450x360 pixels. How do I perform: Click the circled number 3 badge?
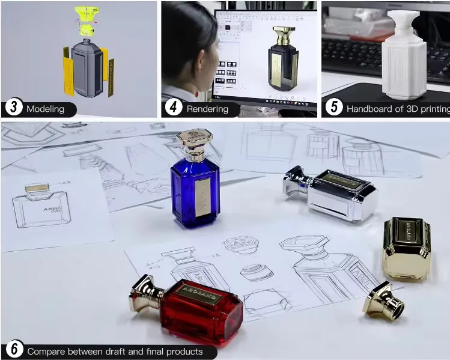pos(13,109)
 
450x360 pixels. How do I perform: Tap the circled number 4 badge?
pos(173,109)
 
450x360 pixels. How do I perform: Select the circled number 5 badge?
pos(333,109)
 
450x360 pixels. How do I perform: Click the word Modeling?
pos(47,109)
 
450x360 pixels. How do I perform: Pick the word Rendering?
pos(207,109)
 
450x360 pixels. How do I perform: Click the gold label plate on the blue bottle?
pos(202,196)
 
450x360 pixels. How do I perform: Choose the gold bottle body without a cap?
pos(407,248)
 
